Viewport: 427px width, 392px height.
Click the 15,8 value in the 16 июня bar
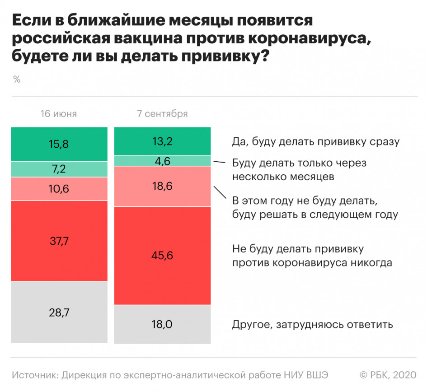coord(59,144)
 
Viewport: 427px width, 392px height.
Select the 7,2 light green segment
coord(59,169)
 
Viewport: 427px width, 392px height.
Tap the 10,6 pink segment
coord(59,189)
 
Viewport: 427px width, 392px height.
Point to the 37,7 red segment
coord(59,241)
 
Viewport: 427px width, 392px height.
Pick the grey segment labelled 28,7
coord(59,313)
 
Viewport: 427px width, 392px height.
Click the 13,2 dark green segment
coord(163,141)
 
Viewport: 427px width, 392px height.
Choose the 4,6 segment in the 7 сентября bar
coord(163,161)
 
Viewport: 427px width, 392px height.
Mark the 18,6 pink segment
coord(163,186)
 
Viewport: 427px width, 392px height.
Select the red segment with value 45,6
coord(163,256)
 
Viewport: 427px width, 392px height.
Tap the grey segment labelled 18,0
coord(163,324)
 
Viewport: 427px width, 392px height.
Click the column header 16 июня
coord(59,114)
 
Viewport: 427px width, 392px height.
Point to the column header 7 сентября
coord(163,114)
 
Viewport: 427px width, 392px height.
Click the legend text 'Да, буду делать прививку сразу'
coord(316,142)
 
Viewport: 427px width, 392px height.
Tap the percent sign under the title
coord(17,80)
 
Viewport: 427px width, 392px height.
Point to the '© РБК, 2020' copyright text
coord(388,375)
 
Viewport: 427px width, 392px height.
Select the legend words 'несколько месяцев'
coord(283,177)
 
